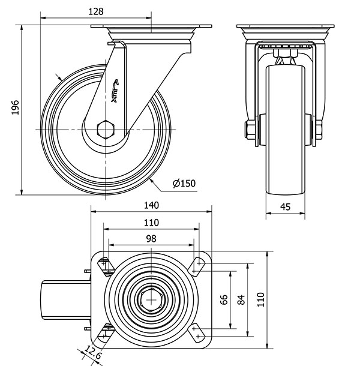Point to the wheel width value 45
pyautogui.click(x=286, y=207)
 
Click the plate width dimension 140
pyautogui.click(x=151, y=205)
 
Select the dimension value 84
pyautogui.click(x=242, y=299)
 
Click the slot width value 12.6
pyautogui.click(x=92, y=353)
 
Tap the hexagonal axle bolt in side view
pyautogui.click(x=106, y=130)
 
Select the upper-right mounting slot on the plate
pyautogui.click(x=196, y=262)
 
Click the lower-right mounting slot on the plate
pyautogui.click(x=196, y=334)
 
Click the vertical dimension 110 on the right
pyautogui.click(x=259, y=299)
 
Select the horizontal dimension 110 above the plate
pyautogui.click(x=151, y=222)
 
